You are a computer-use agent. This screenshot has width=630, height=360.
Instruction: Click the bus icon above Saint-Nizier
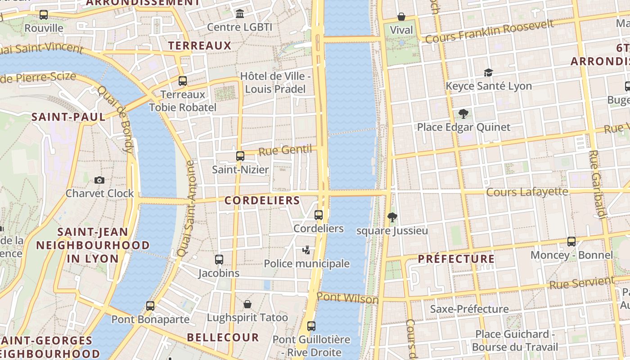tap(240, 156)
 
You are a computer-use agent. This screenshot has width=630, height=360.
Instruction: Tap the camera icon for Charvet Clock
tap(99, 180)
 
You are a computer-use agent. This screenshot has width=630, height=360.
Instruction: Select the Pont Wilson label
tap(347, 298)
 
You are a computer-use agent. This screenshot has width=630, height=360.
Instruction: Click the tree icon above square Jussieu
tap(392, 217)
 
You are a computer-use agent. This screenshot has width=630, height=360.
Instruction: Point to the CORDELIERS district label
tap(262, 201)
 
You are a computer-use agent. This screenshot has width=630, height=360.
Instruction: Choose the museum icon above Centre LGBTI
tap(240, 13)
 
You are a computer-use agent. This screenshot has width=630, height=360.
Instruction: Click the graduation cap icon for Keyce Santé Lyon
tap(488, 72)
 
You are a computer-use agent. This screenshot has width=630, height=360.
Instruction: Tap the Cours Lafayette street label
tap(527, 192)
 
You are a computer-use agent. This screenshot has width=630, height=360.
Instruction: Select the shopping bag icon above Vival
tap(401, 17)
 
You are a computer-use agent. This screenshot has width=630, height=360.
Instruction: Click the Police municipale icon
tap(306, 250)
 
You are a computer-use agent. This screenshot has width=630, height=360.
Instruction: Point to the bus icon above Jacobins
tap(219, 260)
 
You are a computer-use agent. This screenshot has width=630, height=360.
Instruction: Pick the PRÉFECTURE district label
tap(456, 259)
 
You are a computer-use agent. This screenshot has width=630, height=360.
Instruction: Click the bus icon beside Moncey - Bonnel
tap(571, 242)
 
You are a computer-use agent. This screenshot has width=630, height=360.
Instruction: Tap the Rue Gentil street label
tap(285, 150)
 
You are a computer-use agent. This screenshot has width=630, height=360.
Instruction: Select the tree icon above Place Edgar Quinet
tap(463, 113)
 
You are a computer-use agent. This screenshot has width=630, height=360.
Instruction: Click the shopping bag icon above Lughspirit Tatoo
tap(247, 304)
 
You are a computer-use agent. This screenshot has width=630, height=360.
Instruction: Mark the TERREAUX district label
tap(199, 46)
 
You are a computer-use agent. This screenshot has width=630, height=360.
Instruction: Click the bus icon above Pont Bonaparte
tap(150, 306)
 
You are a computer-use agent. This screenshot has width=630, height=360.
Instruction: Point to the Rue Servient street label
tap(581, 283)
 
